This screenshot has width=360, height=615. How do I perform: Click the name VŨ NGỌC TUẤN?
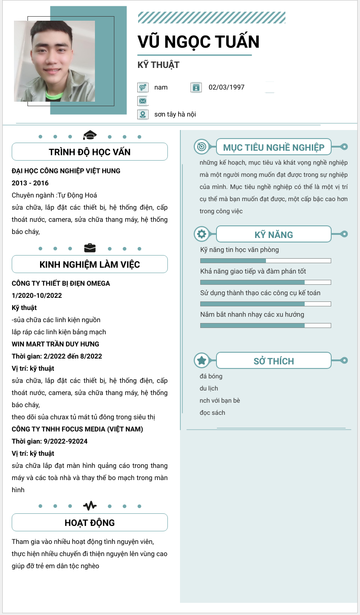pyautogui.click(x=198, y=42)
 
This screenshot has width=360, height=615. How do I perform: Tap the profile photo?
pyautogui.click(x=54, y=61)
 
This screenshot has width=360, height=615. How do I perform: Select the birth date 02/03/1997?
pyautogui.click(x=226, y=87)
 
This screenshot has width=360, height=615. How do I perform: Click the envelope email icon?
pyautogui.click(x=143, y=101)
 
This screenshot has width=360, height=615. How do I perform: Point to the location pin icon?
pyautogui.click(x=143, y=114)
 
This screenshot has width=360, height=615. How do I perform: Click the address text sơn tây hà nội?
pyautogui.click(x=175, y=114)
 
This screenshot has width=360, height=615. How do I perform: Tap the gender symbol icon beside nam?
pyautogui.click(x=143, y=87)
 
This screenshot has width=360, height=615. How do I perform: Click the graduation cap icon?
pyautogui.click(x=90, y=135)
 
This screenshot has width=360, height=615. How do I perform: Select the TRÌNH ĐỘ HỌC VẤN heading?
pyautogui.click(x=90, y=152)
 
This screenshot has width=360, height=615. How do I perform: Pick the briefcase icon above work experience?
pyautogui.click(x=90, y=248)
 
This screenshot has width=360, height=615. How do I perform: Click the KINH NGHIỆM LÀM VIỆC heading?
pyautogui.click(x=90, y=265)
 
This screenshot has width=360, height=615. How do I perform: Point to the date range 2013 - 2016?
pyautogui.click(x=30, y=183)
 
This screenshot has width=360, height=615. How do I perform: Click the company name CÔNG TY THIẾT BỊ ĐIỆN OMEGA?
pyautogui.click(x=61, y=283)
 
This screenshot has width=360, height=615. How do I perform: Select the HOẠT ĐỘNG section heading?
pyautogui.click(x=90, y=523)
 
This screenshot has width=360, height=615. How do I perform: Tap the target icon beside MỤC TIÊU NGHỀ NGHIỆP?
pyautogui.click(x=202, y=147)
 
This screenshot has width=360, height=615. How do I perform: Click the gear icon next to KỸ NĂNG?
pyautogui.click(x=202, y=234)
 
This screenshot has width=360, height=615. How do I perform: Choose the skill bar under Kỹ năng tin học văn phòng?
pyautogui.click(x=265, y=260)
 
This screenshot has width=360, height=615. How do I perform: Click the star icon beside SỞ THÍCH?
pyautogui.click(x=202, y=360)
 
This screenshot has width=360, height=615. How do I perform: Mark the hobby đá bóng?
pyautogui.click(x=211, y=376)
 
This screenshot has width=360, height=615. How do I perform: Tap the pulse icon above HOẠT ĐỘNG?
pyautogui.click(x=90, y=506)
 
